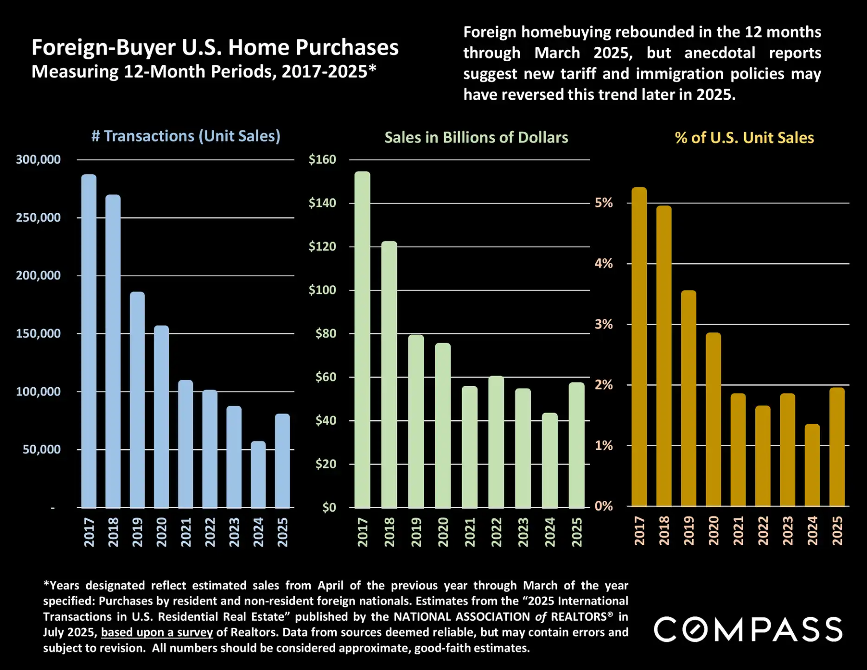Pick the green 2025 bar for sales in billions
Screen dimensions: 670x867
pos(576,445)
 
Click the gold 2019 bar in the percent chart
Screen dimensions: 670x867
pos(688,399)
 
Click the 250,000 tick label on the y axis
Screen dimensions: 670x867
pos(38,217)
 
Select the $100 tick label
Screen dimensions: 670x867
pos(322,290)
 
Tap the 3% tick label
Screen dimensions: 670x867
pos(604,324)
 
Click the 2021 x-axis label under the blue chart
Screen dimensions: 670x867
pos(186,532)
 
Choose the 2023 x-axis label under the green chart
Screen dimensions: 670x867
pos(523,532)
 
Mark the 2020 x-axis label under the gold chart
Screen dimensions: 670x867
pos(714,531)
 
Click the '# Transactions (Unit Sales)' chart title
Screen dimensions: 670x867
pos(186,136)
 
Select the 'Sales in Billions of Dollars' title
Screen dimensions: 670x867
pos(476,138)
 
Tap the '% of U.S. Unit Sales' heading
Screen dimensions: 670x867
pos(744,138)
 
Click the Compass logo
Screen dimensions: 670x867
pos(747,629)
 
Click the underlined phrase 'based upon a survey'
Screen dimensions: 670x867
pos(157,632)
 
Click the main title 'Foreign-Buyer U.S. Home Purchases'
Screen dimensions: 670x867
pos(215,47)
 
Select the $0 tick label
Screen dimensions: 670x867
pos(329,507)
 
